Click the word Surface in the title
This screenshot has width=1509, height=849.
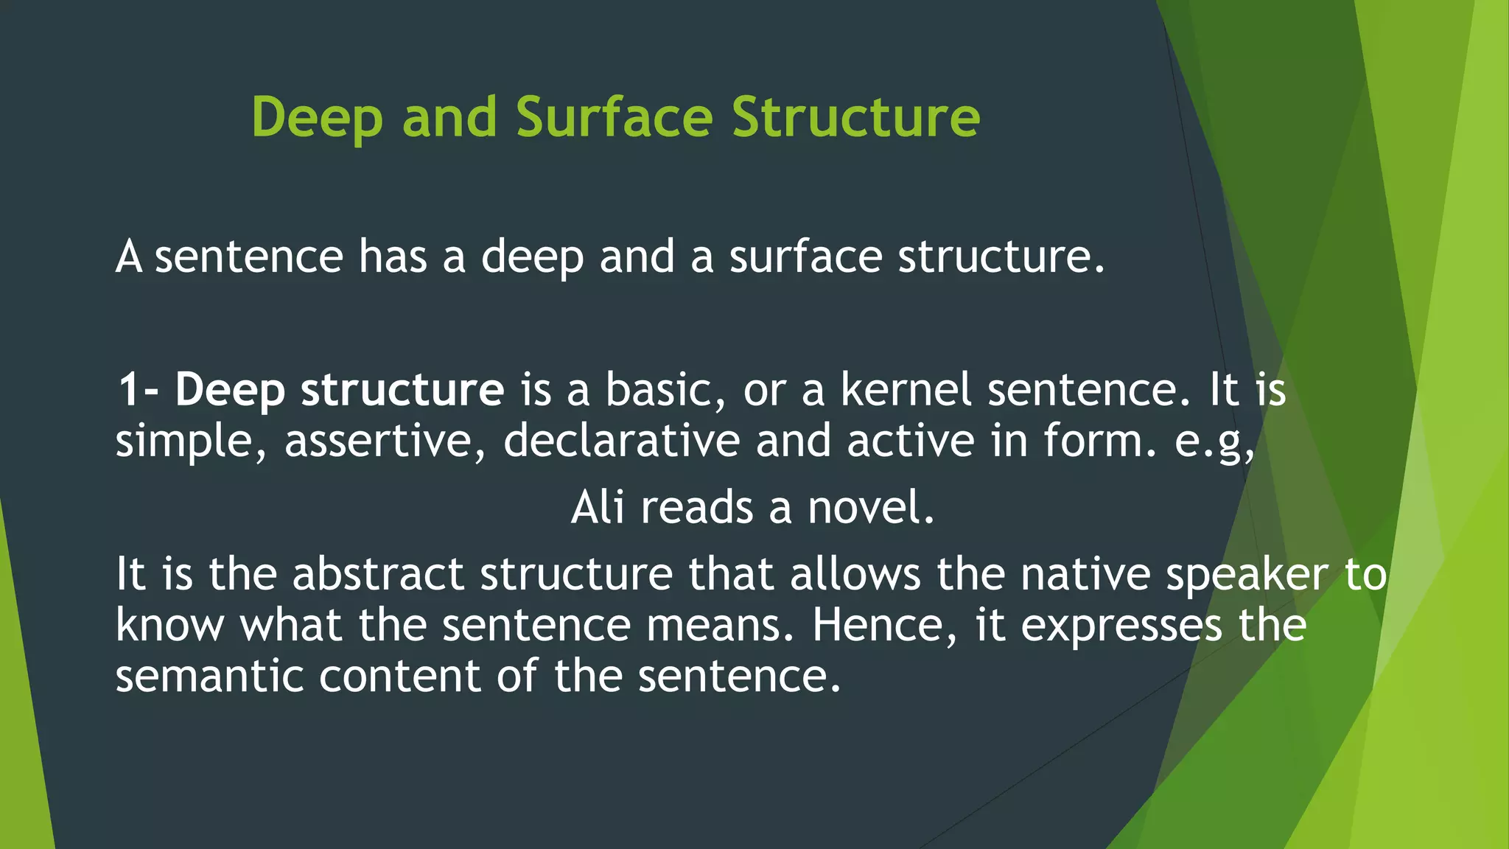[x=614, y=117]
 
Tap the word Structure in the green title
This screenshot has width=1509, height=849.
[x=855, y=117]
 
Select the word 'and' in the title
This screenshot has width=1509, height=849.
[x=449, y=117]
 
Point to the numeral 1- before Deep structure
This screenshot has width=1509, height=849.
[x=138, y=390]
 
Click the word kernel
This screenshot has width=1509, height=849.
[x=906, y=390]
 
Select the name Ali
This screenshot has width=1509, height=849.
[x=598, y=508]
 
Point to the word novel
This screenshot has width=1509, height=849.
[x=870, y=508]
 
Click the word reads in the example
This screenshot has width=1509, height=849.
[x=697, y=508]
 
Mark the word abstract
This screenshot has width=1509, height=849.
[x=378, y=574]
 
